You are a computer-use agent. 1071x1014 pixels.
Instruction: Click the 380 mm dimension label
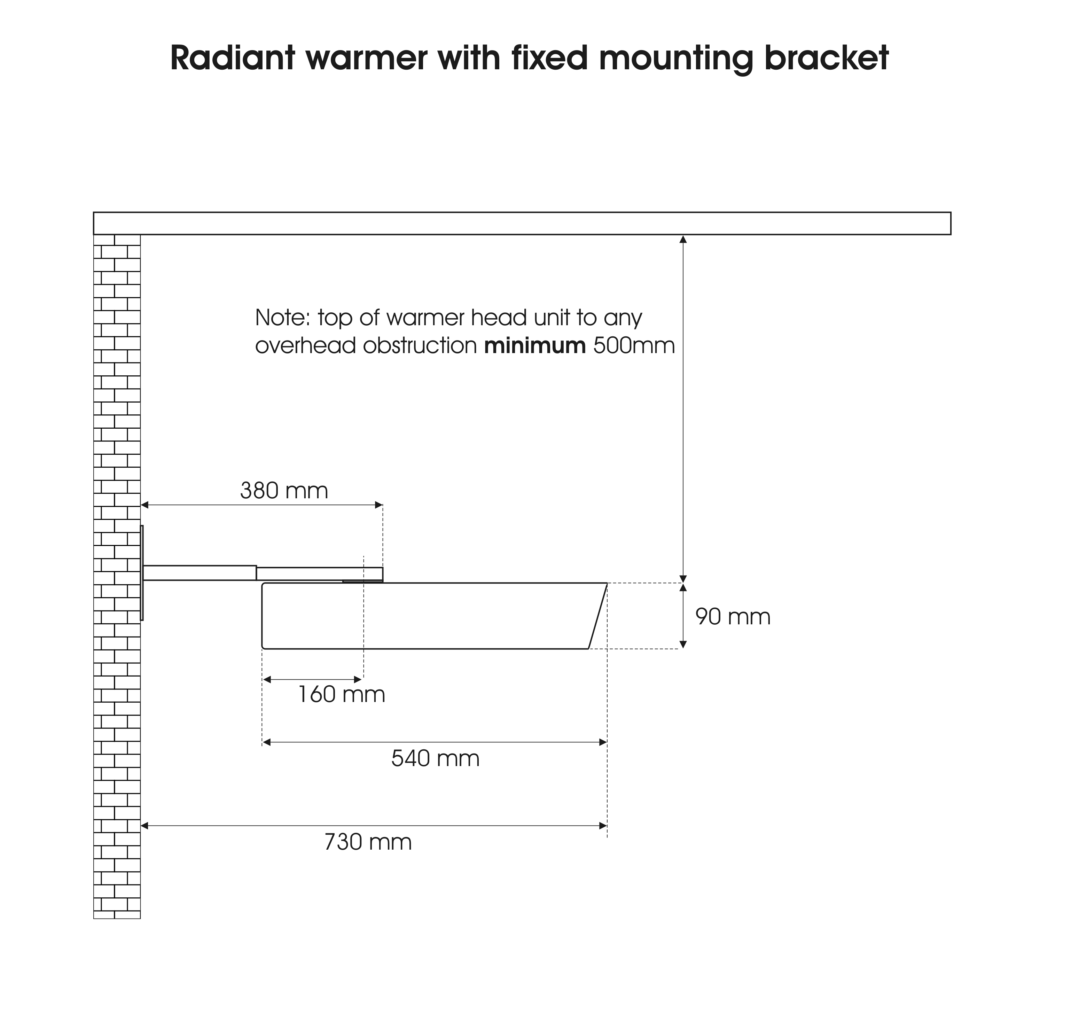[x=284, y=491]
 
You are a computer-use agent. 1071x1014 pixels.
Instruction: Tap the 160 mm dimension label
[x=342, y=695]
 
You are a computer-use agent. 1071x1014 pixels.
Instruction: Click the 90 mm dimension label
[x=732, y=617]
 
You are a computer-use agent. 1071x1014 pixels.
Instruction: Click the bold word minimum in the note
[x=534, y=345]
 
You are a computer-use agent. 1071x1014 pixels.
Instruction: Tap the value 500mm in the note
[x=634, y=345]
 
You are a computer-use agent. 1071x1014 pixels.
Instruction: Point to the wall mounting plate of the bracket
[x=142, y=573]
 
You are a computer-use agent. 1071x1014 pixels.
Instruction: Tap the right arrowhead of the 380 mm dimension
[x=379, y=505]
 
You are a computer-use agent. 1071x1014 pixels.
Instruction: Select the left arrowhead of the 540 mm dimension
[x=266, y=742]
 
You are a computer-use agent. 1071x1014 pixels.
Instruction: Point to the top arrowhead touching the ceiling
[x=683, y=239]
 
